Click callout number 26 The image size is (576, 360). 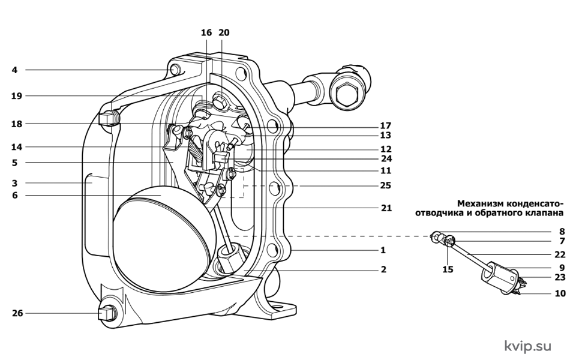(17, 313)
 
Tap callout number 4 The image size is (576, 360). (14, 70)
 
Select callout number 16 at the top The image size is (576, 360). (206, 32)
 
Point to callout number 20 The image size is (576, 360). (224, 32)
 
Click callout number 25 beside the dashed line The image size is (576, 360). (386, 185)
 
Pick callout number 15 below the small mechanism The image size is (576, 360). (448, 269)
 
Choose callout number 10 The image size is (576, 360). (560, 293)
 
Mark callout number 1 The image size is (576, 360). (383, 251)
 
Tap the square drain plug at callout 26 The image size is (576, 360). (105, 314)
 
